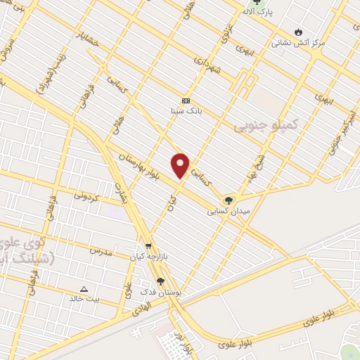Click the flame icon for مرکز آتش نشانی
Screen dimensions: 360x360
point(299,32)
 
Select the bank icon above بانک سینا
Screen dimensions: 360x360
point(186,101)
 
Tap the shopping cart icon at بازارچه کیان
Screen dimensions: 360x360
point(148,246)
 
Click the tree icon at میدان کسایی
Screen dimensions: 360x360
point(227,200)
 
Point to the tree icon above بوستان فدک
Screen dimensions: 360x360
point(161,282)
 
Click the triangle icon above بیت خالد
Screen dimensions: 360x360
point(84,288)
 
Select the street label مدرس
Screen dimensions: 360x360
point(100,250)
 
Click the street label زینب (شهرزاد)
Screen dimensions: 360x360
point(53,72)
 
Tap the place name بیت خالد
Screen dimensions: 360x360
point(85,299)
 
